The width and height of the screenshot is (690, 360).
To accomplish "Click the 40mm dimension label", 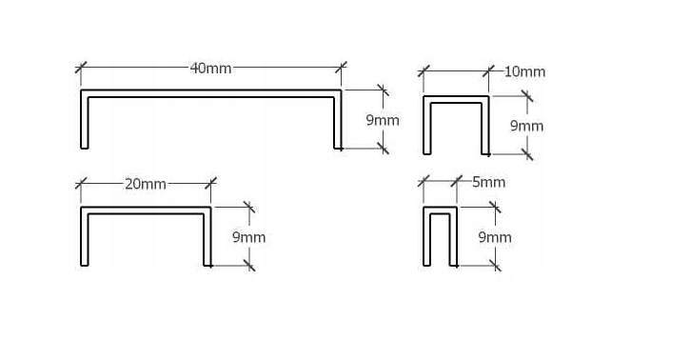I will click(210, 69).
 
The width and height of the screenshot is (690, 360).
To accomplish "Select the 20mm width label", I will click(145, 184).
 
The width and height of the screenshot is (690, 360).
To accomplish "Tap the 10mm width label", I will click(524, 71).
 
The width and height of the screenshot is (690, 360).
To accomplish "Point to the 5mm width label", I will click(488, 182).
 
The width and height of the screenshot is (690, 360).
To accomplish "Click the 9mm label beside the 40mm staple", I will click(383, 121).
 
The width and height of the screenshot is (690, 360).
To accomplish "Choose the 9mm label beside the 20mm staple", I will click(248, 236).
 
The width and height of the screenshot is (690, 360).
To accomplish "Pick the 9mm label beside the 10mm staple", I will click(526, 126).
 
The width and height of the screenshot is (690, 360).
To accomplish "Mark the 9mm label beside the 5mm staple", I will click(494, 236).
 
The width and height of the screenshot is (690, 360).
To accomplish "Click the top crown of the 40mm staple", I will click(210, 92).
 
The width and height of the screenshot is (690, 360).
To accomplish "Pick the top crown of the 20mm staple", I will click(145, 210).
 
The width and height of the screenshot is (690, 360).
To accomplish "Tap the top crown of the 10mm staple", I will click(456, 99).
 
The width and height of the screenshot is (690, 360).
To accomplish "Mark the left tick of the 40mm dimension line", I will click(81, 69).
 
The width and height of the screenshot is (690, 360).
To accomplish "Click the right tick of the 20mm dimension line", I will click(210, 184).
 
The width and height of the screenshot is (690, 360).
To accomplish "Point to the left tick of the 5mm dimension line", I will click(424, 181).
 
